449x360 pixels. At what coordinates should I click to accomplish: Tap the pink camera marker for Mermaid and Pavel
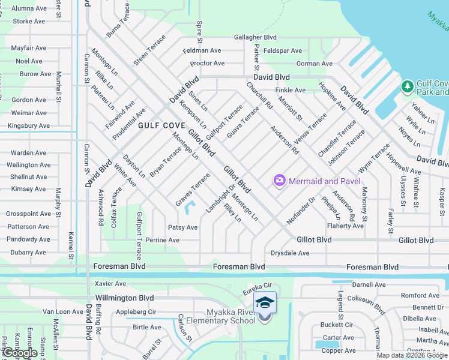[279, 180]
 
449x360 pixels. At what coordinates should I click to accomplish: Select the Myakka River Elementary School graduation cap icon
[265, 303]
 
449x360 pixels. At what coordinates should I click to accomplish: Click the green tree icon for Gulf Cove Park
[408, 87]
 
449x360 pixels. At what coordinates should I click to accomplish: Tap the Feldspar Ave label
[282, 51]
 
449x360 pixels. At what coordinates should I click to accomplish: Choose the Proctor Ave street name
[207, 64]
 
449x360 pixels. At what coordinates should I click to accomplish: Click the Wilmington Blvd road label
[125, 298]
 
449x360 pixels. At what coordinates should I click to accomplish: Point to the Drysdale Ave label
[290, 253]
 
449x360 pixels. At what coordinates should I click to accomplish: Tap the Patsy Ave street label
[182, 228]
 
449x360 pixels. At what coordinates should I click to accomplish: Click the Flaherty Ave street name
[345, 226]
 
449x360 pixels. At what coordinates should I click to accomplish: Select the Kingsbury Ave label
[29, 126]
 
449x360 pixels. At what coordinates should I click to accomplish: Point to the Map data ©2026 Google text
[411, 355]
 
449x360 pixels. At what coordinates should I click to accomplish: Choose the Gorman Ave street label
[314, 64]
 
